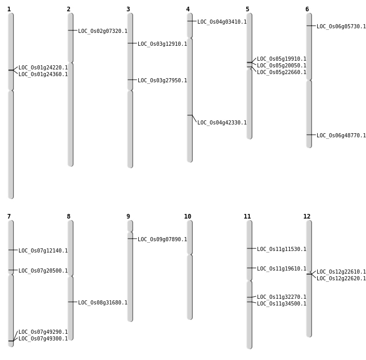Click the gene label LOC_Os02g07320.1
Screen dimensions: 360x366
(103, 31)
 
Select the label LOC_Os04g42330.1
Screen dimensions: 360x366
(222, 123)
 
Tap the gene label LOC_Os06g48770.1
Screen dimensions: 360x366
(341, 136)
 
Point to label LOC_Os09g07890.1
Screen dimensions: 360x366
(162, 240)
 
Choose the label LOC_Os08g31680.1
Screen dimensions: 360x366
(103, 303)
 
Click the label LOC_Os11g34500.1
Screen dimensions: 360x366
(282, 304)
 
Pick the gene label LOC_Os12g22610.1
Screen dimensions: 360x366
(341, 272)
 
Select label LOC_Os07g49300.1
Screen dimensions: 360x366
(43, 339)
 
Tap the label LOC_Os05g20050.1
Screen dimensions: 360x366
(282, 66)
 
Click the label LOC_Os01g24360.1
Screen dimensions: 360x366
(43, 75)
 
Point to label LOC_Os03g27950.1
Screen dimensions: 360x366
(162, 81)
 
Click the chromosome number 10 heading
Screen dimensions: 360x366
(188, 217)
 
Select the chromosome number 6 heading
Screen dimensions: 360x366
(307, 9)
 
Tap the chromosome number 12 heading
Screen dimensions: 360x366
(307, 217)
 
